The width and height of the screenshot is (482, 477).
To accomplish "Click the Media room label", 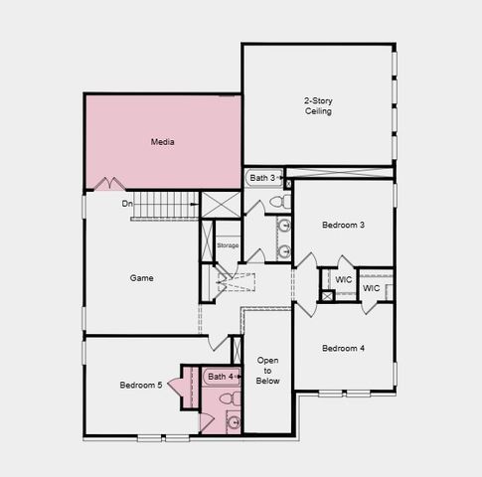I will (x=163, y=142).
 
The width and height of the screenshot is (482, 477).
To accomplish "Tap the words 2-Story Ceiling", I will (x=318, y=105).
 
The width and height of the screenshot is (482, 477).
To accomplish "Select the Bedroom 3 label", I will (x=343, y=226).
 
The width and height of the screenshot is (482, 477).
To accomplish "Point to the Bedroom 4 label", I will (x=343, y=348).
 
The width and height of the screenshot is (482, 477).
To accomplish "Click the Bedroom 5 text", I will (x=140, y=385).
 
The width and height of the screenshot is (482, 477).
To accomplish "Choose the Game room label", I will (x=141, y=278).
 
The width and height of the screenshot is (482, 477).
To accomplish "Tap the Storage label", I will (x=228, y=244).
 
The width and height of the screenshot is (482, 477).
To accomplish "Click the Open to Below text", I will (x=268, y=370).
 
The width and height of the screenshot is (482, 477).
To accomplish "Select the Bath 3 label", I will (x=263, y=178).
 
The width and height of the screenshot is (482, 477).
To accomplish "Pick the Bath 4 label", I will (x=220, y=377).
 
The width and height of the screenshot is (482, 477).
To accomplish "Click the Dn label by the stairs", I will (x=127, y=204).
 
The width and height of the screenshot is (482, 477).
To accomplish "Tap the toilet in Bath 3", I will (x=278, y=202).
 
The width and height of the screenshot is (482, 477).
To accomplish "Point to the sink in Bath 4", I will (x=233, y=421).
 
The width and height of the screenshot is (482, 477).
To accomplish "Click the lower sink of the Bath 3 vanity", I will (x=284, y=251).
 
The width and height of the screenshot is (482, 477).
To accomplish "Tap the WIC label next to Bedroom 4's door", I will (x=343, y=280).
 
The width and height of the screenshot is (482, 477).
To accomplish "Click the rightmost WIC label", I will (x=371, y=288).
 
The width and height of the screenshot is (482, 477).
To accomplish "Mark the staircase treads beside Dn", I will (x=166, y=205).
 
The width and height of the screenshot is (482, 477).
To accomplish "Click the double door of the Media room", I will (x=108, y=184).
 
